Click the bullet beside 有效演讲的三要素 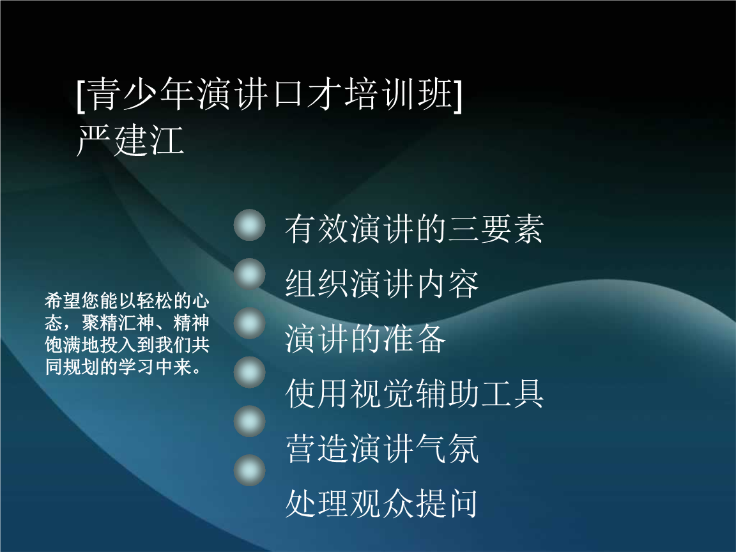pos(249,225)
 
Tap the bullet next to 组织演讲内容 pos(249,273)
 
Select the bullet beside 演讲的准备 pos(249,323)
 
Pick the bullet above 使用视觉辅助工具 pos(249,372)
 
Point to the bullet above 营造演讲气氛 pos(249,421)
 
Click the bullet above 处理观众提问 pos(249,470)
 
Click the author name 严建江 pos(130,141)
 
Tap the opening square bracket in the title pos(80,95)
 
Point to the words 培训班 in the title pos(399,95)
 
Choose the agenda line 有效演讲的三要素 pos(415,229)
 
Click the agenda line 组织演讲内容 pos(382,284)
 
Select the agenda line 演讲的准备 pos(365,339)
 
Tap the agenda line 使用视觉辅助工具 pos(415,394)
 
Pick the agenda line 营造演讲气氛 pos(382,448)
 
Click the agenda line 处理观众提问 pos(382,503)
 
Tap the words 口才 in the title pos(307,95)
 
